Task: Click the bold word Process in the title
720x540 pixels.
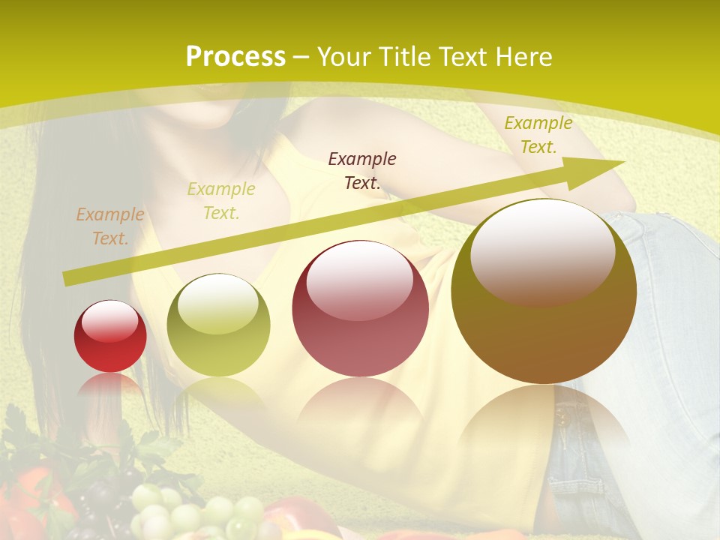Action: click(235, 57)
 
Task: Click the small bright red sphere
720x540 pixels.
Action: click(110, 336)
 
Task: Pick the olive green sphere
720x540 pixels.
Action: click(218, 325)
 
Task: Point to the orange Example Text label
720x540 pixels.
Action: click(109, 226)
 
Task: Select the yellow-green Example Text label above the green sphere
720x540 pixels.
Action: click(220, 201)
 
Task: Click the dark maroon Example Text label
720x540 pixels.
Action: click(362, 170)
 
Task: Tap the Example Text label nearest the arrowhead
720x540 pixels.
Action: click(538, 135)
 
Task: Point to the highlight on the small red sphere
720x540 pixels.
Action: click(109, 321)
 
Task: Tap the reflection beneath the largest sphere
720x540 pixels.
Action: click(544, 420)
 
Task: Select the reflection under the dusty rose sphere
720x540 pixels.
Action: click(360, 409)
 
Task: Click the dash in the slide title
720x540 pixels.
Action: click(301, 57)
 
